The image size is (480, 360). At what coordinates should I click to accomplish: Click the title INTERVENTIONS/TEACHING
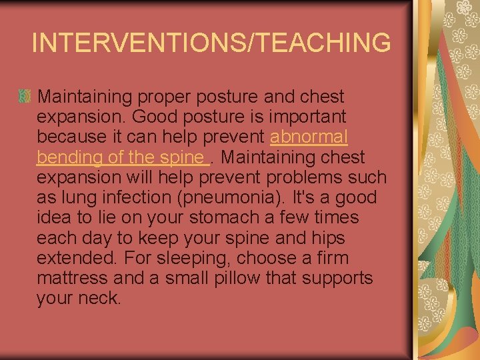(211, 43)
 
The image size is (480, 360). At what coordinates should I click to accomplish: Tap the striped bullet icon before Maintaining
(25, 97)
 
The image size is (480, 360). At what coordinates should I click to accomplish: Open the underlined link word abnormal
(309, 137)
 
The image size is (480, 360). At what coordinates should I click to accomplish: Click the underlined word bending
(69, 157)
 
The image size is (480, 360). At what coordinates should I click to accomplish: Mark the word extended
(74, 258)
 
